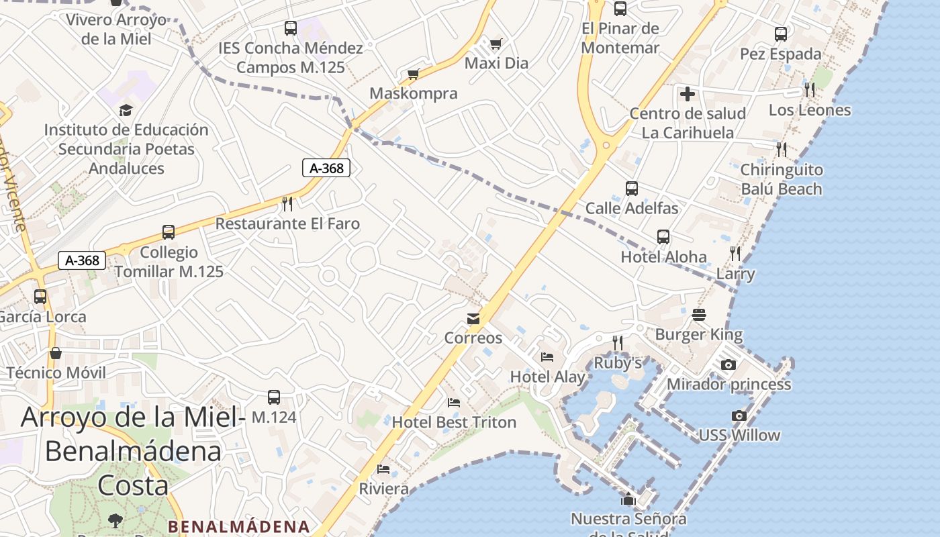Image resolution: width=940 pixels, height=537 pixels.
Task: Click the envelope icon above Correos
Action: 474,318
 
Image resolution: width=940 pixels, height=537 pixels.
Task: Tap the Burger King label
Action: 699,334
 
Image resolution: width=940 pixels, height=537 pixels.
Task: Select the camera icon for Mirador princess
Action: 728,364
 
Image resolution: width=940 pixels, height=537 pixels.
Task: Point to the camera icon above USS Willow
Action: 739,416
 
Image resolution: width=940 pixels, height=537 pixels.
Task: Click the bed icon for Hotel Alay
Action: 547,356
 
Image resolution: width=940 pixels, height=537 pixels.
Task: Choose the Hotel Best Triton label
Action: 454,422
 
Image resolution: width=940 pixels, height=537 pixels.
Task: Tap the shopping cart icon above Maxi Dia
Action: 496,44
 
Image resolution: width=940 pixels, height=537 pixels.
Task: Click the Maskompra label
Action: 414,93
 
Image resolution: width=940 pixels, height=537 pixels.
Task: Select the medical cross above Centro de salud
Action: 687,94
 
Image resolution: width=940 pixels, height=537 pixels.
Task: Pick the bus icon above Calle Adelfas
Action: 631,189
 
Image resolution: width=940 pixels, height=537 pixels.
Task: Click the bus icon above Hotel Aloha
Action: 663,237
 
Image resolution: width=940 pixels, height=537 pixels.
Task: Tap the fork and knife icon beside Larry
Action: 735,254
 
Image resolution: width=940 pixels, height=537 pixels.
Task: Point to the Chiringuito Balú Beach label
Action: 781,179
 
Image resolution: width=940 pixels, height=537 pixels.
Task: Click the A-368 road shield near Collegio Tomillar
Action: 83,260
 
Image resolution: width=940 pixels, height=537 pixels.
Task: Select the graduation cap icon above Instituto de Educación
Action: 126,110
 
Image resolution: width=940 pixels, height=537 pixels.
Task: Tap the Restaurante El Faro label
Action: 287,224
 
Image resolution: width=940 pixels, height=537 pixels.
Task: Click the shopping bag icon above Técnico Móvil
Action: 56,353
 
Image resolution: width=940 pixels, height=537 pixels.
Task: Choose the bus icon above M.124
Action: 273,397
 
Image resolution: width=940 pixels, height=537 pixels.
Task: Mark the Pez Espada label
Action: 780,54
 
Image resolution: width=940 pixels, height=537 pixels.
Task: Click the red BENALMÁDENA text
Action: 238,526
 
